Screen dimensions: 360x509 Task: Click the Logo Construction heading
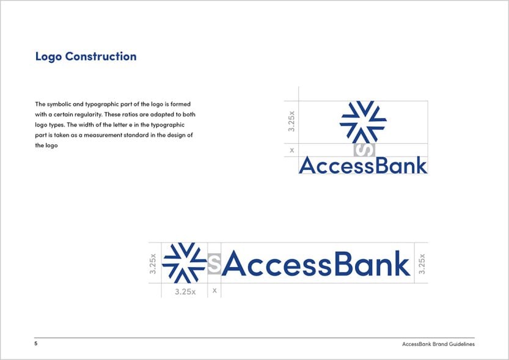86,57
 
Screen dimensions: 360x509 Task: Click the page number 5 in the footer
36,343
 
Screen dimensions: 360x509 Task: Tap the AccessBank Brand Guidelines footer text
438,344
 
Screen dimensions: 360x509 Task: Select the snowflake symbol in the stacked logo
363,122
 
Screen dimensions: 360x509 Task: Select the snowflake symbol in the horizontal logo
185,263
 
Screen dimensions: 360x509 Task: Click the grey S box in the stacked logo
364,150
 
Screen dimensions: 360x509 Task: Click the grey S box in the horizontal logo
214,263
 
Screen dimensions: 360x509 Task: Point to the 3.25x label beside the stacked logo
291,121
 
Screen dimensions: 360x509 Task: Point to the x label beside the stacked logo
291,150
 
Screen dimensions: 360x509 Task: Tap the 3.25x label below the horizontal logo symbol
185,292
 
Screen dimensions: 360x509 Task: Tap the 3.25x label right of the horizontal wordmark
422,263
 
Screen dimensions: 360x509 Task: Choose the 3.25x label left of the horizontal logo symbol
153,263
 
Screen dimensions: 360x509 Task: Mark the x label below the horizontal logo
214,291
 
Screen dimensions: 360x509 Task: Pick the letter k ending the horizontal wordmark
401,263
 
